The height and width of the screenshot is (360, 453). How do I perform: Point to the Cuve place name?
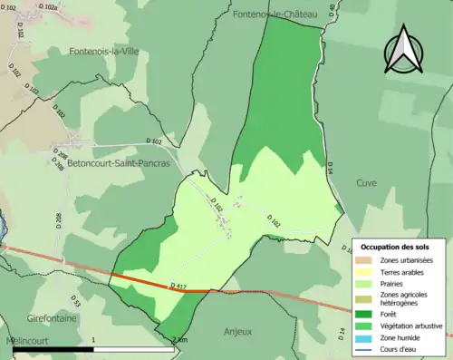tap(366, 181)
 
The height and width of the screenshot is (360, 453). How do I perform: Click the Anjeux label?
tap(236, 331)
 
